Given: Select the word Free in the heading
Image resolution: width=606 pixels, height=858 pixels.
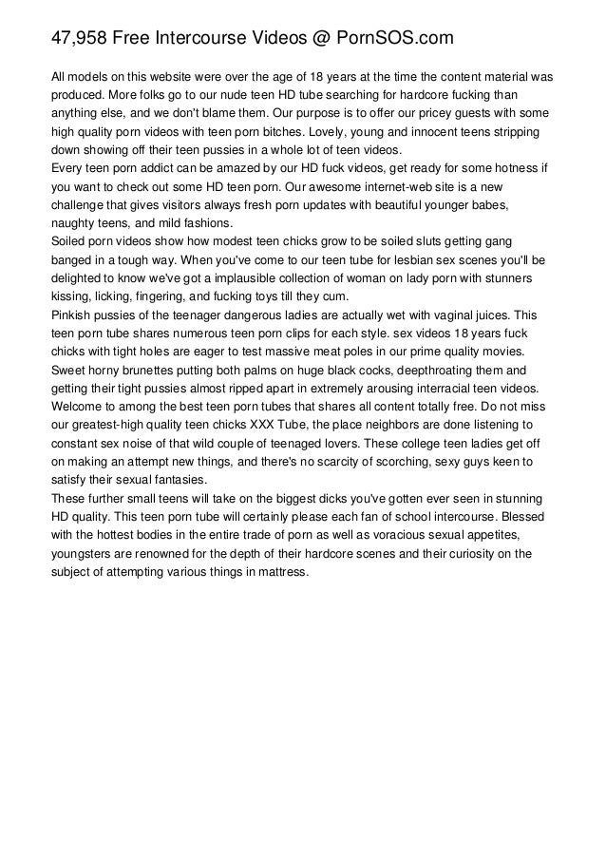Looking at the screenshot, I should point(133,39).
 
